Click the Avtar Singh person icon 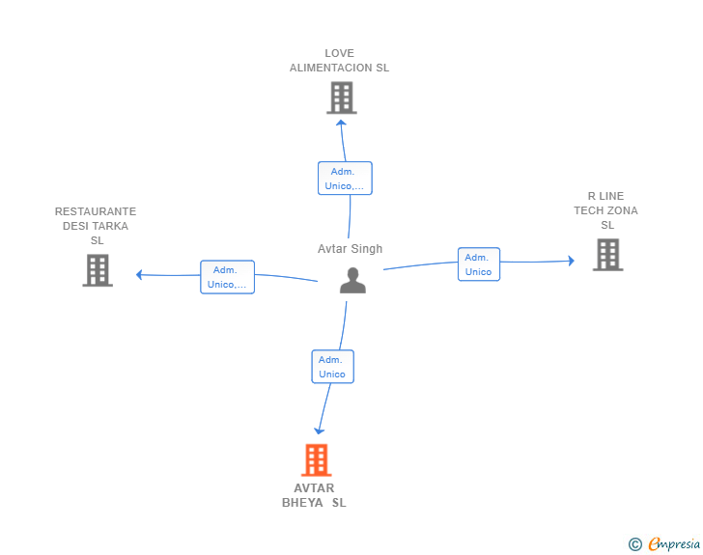353,280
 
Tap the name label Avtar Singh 351,249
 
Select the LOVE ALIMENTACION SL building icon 341,97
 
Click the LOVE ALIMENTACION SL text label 339,61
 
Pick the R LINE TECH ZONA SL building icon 607,255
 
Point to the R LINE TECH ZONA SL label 606,210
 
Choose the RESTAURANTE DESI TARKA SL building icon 98,270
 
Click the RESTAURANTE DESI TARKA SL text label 96,226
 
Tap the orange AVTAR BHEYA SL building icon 317,460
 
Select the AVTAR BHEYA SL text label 314,495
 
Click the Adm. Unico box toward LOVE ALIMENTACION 345,179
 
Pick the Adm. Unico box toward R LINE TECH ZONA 479,264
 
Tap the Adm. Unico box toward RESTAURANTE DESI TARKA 227,277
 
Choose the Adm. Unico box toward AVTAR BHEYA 332,367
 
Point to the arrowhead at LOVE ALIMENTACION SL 342,122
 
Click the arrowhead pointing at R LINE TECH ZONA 572,261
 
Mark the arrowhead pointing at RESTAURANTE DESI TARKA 139,275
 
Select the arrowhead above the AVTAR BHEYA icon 320,430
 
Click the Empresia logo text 674,543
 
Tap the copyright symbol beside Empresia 635,544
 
